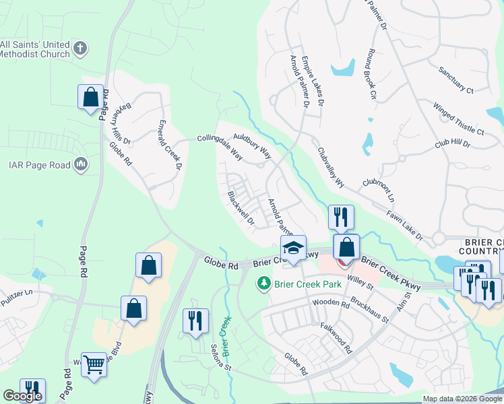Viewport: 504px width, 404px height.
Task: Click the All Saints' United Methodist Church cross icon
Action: [x=80, y=48]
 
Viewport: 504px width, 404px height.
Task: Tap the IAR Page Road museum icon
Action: [x=80, y=164]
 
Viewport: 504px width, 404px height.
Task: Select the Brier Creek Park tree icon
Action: [x=265, y=284]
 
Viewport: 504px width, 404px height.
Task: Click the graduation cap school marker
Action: [x=293, y=248]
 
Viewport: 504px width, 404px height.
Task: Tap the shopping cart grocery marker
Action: [x=94, y=366]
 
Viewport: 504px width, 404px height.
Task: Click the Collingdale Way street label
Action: [x=220, y=146]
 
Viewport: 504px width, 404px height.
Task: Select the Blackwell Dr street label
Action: [x=241, y=208]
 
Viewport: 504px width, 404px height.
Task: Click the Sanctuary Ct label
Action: [x=456, y=79]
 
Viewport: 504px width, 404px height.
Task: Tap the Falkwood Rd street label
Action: [x=337, y=337]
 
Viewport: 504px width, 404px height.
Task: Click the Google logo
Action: [x=22, y=396]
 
